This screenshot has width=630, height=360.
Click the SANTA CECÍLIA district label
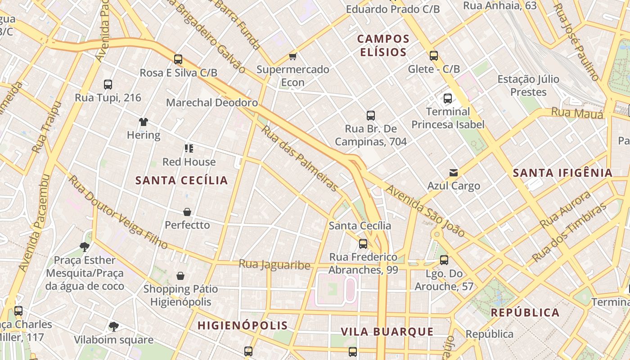[182, 180]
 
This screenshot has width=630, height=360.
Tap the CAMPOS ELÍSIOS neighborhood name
[383, 45]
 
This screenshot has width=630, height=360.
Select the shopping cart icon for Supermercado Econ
[293, 56]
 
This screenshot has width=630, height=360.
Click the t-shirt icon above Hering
[143, 121]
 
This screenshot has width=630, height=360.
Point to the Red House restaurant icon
[189, 148]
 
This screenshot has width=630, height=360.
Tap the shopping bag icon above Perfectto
[187, 211]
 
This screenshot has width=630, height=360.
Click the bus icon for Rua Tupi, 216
[108, 84]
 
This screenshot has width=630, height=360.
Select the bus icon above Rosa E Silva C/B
[178, 59]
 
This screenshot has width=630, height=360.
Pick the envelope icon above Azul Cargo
[453, 173]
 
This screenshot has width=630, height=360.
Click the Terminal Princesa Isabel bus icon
[447, 99]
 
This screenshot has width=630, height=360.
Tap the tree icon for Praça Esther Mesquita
[84, 247]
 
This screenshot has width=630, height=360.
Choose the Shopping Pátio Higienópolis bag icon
[180, 275]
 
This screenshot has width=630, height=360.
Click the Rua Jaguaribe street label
[274, 265]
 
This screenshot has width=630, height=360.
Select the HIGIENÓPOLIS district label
[243, 325]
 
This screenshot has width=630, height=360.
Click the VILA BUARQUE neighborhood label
[387, 332]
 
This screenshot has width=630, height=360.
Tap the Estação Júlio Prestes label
[528, 85]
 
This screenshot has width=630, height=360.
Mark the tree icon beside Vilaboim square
[114, 326]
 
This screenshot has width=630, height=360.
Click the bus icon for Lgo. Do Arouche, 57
[444, 260]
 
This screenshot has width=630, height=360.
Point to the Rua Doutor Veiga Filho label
[118, 212]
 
